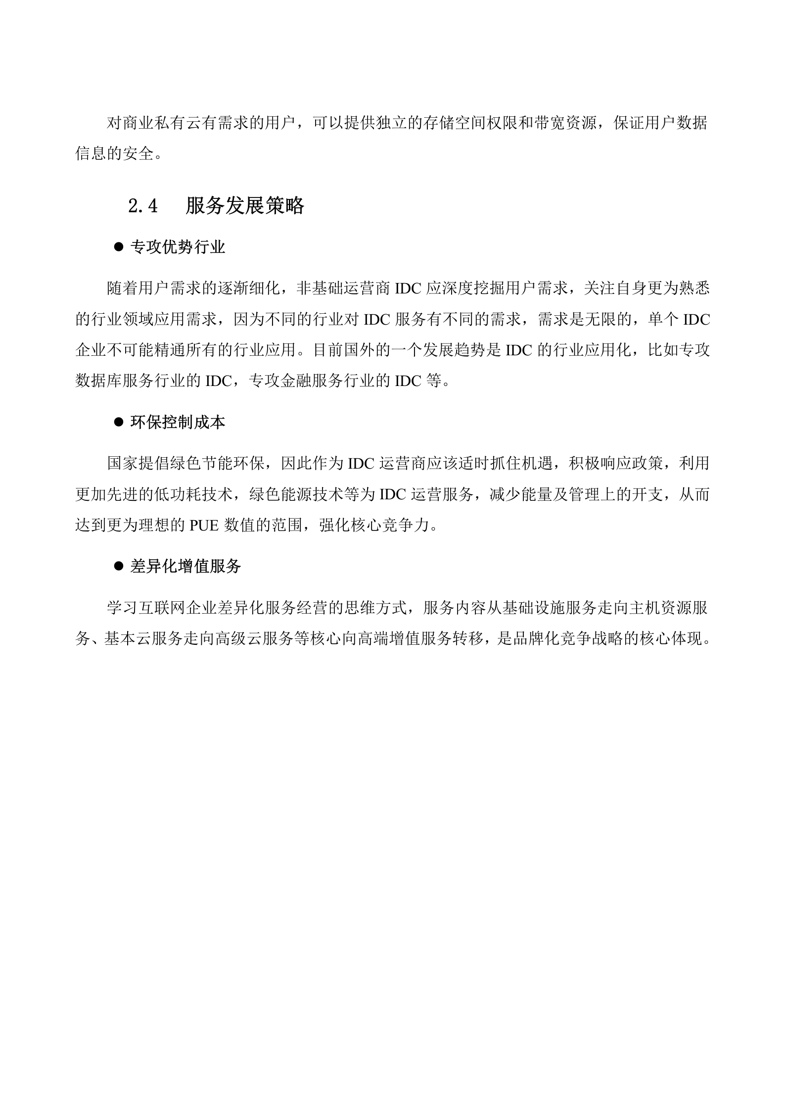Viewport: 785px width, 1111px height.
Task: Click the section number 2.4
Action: [x=142, y=206]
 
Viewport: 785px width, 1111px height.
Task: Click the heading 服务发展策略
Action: [x=245, y=206]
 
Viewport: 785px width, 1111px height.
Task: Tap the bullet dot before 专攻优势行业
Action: [x=118, y=246]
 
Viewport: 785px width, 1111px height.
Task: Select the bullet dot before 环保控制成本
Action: [x=118, y=422]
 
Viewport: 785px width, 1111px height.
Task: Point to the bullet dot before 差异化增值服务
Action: [x=118, y=566]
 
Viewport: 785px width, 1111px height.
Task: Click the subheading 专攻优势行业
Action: [x=178, y=247]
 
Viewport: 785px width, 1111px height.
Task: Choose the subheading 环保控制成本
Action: [x=178, y=422]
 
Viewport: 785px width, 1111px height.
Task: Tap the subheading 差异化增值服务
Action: [x=185, y=566]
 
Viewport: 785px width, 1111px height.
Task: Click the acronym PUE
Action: [x=203, y=526]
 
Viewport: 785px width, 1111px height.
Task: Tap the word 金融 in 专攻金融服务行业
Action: [x=296, y=381]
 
